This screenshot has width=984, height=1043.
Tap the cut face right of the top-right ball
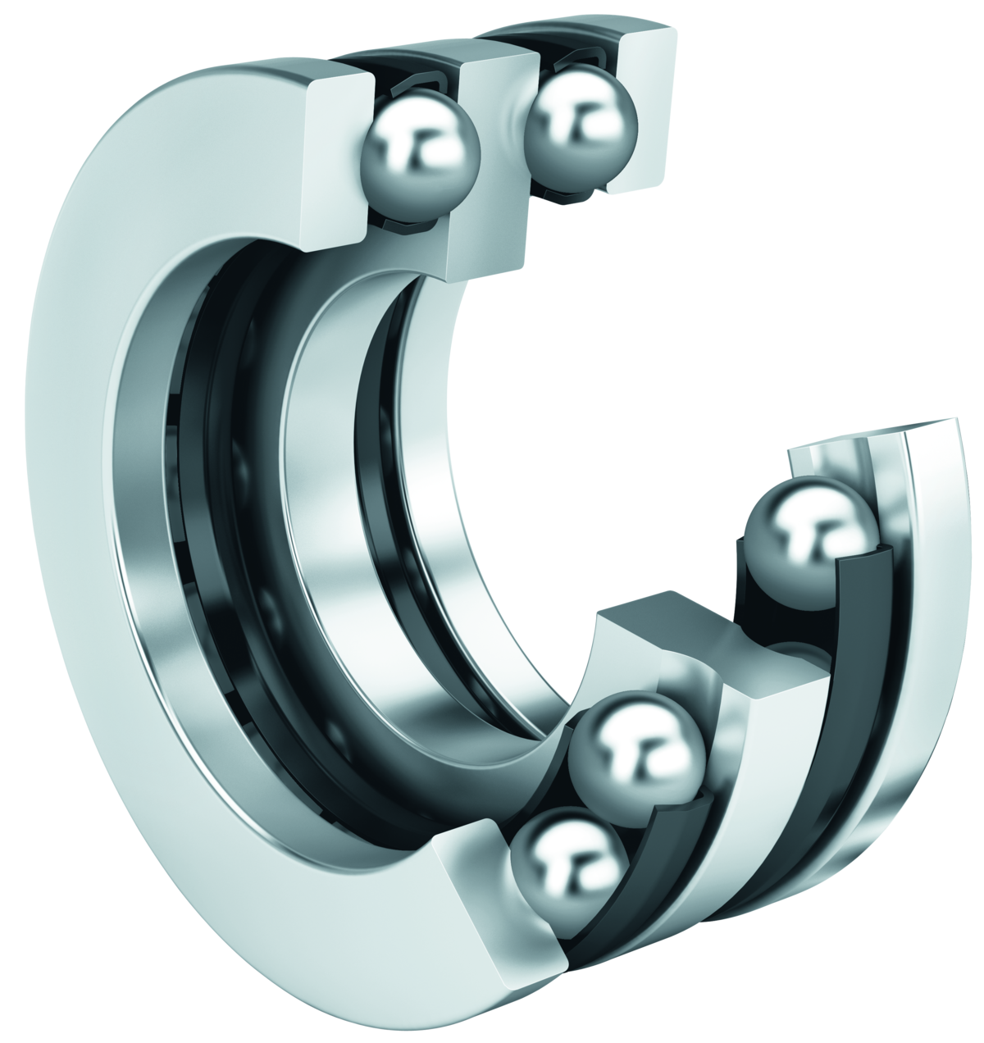pyautogui.click(x=648, y=98)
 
